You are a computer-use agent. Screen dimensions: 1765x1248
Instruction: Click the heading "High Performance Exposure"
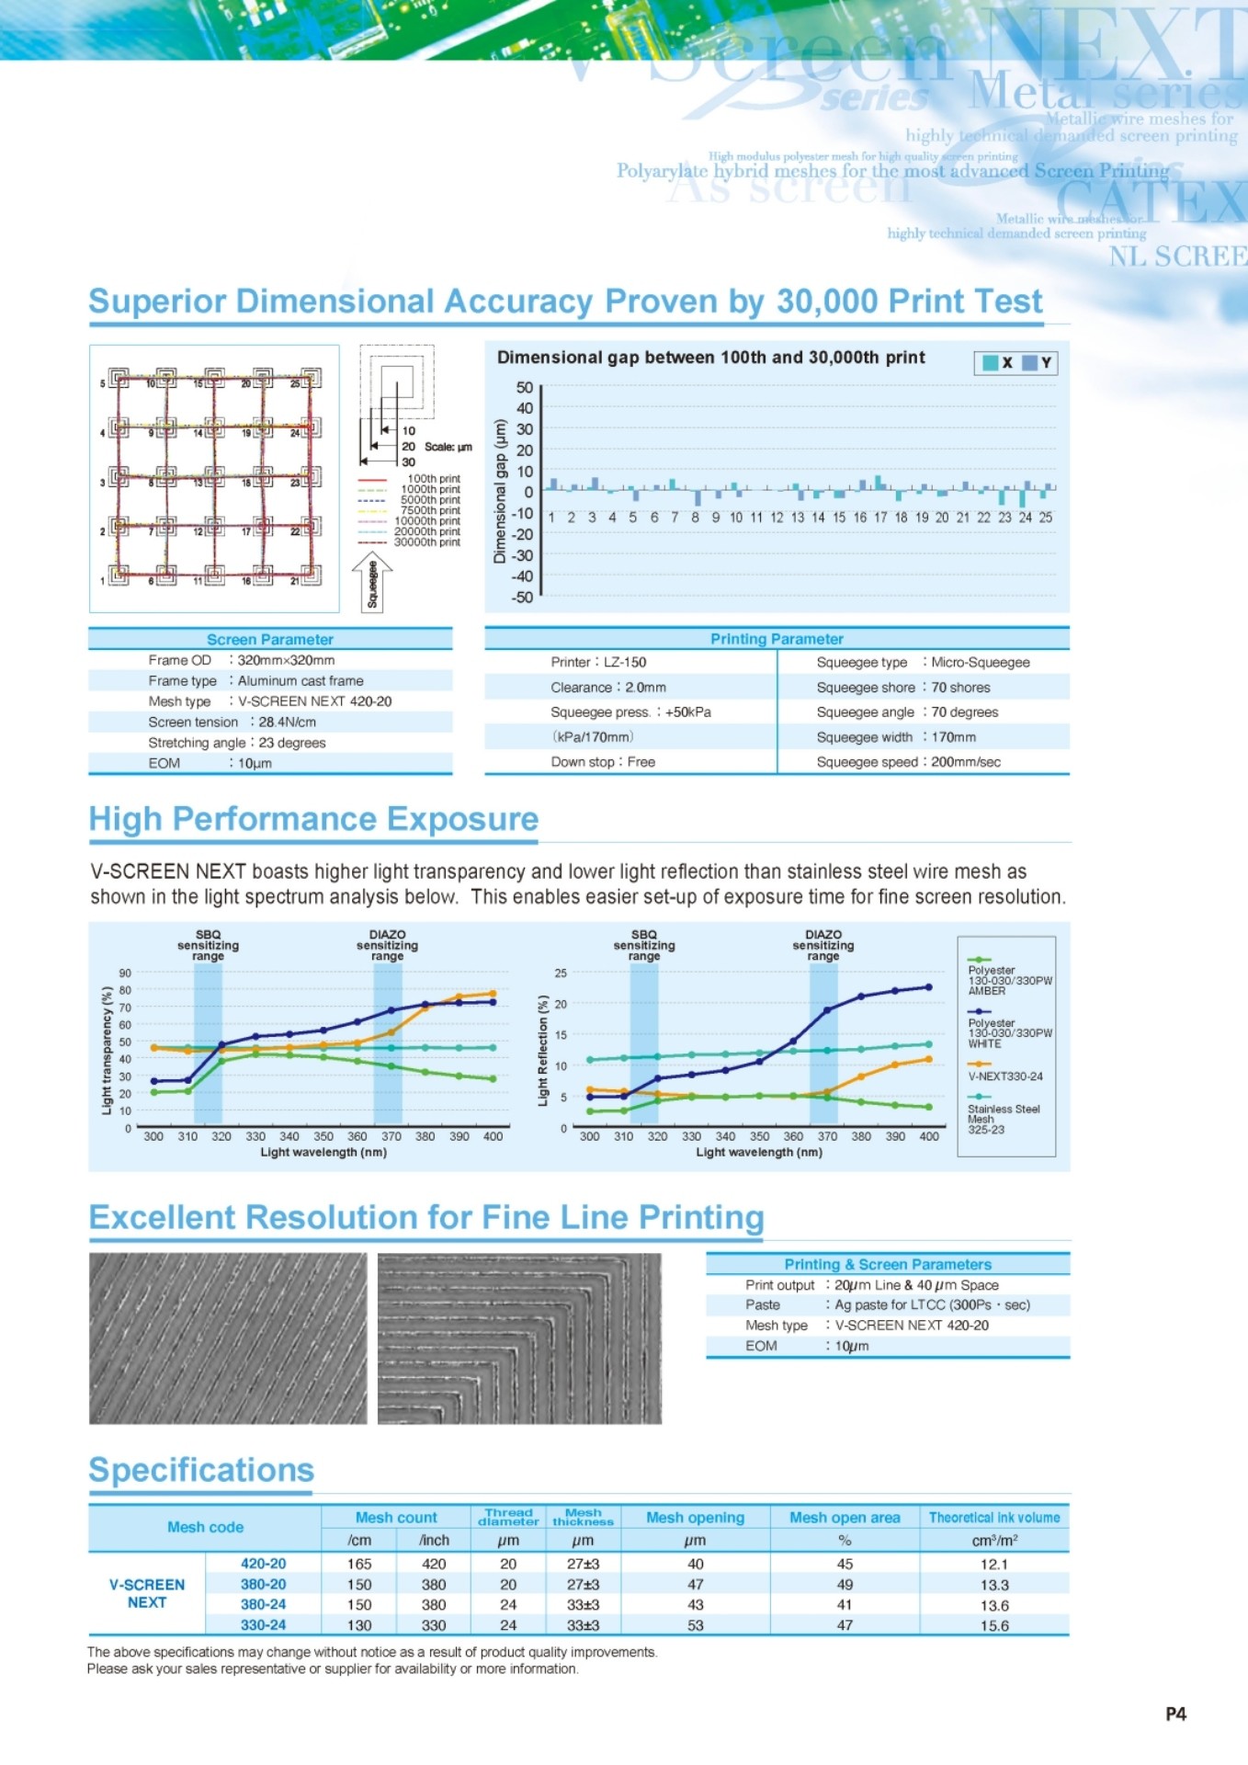pyautogui.click(x=313, y=819)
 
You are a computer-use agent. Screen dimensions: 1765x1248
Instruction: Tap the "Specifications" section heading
pyautogui.click(x=201, y=1470)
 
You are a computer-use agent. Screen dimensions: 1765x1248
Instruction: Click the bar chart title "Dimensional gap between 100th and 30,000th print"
pyautogui.click(x=710, y=358)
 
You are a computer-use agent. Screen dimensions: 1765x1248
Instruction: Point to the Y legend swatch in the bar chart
pyautogui.click(x=1030, y=363)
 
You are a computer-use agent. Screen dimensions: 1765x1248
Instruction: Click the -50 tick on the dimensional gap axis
pyautogui.click(x=523, y=598)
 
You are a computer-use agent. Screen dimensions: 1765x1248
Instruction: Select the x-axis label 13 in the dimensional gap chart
pyautogui.click(x=797, y=518)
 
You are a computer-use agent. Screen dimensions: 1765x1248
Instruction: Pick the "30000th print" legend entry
pyautogui.click(x=426, y=542)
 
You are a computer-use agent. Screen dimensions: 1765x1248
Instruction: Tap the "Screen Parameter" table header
pyautogui.click(x=269, y=639)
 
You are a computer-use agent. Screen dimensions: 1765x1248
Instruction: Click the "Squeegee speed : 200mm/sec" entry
pyautogui.click(x=908, y=762)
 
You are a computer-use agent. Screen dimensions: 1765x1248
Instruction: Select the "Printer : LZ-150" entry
pyautogui.click(x=598, y=662)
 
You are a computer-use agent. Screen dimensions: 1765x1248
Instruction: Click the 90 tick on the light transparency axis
pyautogui.click(x=125, y=973)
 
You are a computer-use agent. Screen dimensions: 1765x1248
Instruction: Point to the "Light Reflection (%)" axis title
pyautogui.click(x=543, y=1050)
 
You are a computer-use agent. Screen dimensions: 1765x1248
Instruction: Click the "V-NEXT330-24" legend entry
pyautogui.click(x=1004, y=1076)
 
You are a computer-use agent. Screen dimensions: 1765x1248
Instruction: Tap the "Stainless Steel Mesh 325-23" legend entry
pyautogui.click(x=1003, y=1119)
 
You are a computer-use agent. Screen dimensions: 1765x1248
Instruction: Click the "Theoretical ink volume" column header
pyautogui.click(x=993, y=1518)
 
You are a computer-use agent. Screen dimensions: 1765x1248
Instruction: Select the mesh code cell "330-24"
pyautogui.click(x=263, y=1625)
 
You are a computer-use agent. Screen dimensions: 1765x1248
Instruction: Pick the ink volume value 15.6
pyautogui.click(x=993, y=1625)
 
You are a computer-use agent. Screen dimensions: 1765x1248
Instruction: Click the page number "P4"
pyautogui.click(x=1175, y=1714)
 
